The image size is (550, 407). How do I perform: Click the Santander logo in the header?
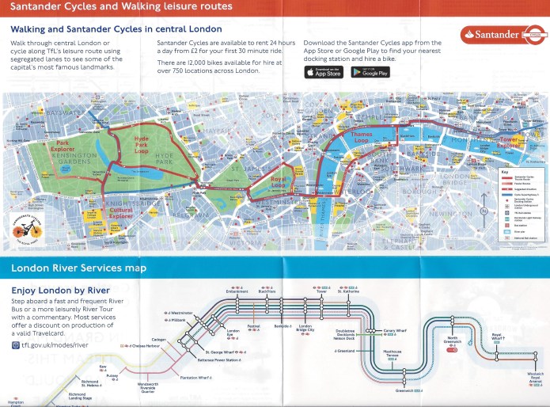(x=501, y=36)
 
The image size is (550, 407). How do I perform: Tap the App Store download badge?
(x=324, y=72)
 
